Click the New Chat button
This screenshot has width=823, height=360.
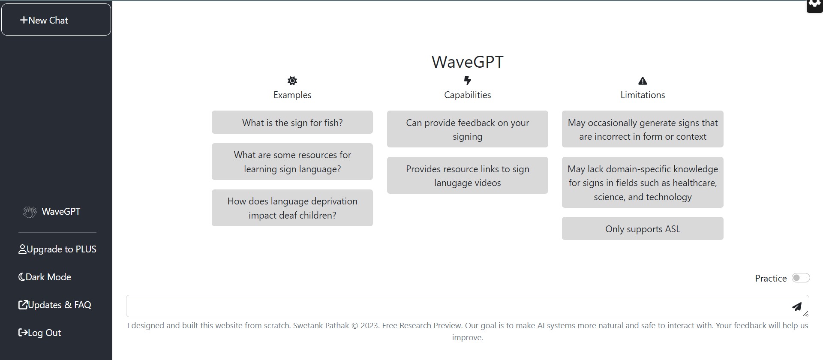tap(56, 20)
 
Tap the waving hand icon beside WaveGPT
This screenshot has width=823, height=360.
tap(30, 212)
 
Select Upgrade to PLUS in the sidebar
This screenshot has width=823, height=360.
tap(57, 249)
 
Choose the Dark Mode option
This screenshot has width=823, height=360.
tap(45, 277)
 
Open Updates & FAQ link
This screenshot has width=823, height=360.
tap(55, 305)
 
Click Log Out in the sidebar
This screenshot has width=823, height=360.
tap(39, 333)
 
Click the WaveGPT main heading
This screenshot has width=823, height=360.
tap(467, 62)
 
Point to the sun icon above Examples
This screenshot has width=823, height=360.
tap(292, 81)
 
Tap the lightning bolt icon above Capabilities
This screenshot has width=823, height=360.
tap(468, 81)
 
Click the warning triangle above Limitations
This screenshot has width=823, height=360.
tap(643, 81)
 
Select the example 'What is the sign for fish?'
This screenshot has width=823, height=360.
tap(292, 122)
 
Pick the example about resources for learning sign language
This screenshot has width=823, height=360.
tap(292, 162)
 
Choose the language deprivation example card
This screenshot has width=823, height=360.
tap(292, 208)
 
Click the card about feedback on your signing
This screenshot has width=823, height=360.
tap(468, 129)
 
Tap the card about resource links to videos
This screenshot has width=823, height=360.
tap(468, 175)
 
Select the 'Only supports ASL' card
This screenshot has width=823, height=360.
tap(643, 228)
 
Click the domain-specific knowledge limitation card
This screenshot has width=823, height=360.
tap(643, 183)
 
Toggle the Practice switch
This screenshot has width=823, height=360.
tap(801, 278)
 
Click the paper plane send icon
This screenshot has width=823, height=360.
tap(797, 306)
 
